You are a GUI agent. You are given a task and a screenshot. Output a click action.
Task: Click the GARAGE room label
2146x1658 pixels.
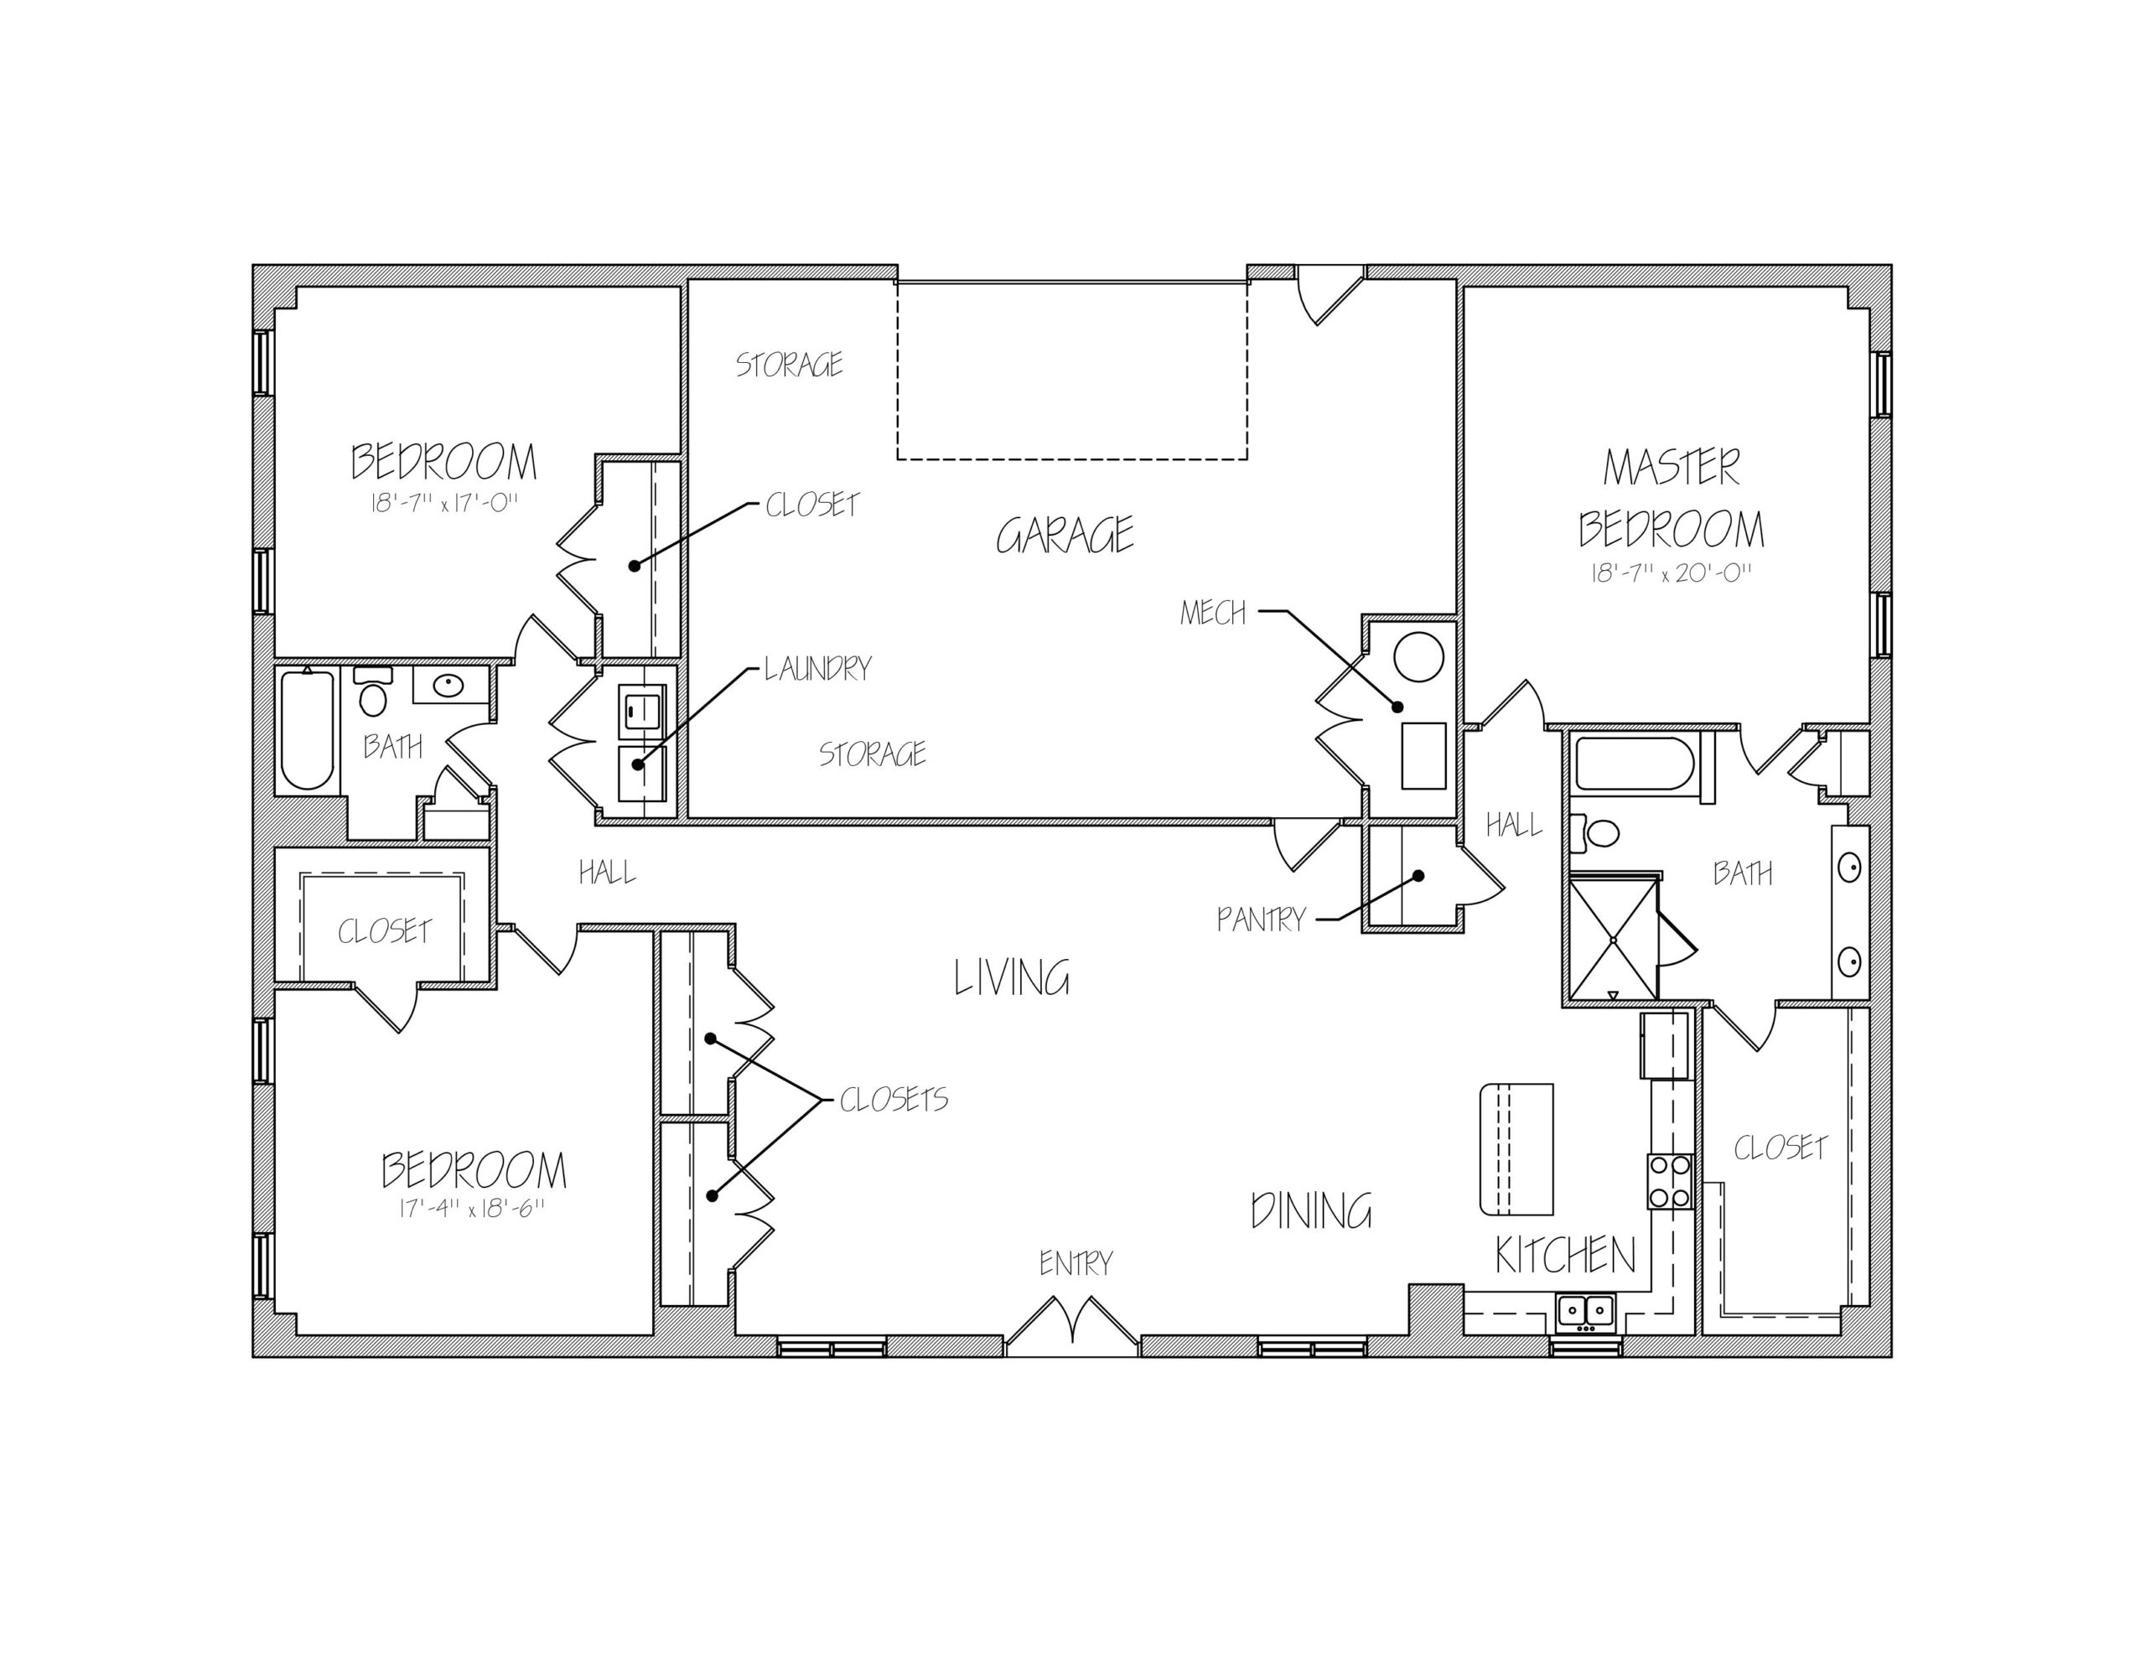click(x=1065, y=536)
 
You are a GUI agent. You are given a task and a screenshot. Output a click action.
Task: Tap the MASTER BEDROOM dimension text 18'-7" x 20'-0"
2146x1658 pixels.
click(x=1672, y=573)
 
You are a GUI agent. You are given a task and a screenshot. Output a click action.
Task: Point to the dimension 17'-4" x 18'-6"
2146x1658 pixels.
click(x=472, y=1208)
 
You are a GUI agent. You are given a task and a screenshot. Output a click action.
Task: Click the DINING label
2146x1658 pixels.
click(x=1311, y=1211)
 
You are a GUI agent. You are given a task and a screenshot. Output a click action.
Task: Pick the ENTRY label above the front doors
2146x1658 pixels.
click(x=1076, y=1263)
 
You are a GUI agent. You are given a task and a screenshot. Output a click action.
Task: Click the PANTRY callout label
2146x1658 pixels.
click(x=1261, y=919)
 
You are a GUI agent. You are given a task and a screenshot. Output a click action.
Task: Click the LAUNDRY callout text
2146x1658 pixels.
click(x=818, y=668)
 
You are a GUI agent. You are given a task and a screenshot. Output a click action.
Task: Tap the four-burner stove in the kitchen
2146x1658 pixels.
click(x=1671, y=1181)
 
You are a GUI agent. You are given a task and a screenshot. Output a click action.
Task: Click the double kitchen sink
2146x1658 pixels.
click(x=1585, y=1313)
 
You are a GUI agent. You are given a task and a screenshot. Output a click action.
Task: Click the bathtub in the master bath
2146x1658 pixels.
click(x=1634, y=764)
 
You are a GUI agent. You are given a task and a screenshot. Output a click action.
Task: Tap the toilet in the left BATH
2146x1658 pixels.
click(x=372, y=691)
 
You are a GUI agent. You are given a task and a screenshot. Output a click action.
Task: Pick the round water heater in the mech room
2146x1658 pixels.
click(x=1419, y=656)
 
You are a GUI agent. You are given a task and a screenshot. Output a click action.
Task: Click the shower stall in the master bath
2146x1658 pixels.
click(x=1614, y=940)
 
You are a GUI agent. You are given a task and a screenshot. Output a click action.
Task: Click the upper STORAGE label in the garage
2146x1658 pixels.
click(x=789, y=365)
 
